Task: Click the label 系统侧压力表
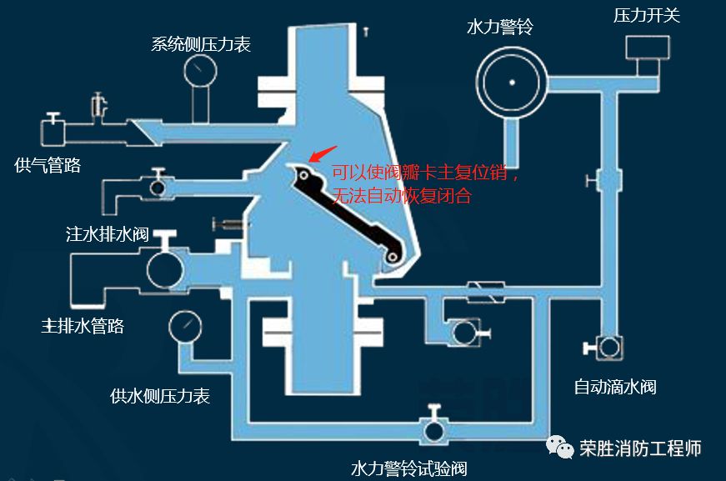201,43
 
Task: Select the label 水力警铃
499,27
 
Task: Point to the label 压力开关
647,15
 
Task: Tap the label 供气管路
48,165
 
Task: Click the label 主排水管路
83,325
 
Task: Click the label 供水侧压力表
160,396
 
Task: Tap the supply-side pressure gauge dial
184,327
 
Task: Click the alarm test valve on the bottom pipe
433,430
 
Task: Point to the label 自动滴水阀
615,387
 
